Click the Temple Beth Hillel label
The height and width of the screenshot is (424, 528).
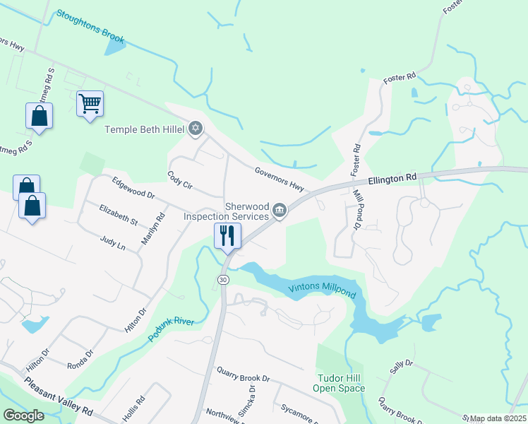[144, 129]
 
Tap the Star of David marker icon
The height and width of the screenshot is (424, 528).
[196, 129]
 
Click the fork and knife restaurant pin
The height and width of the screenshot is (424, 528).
[227, 235]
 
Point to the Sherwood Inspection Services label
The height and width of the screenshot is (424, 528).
[226, 211]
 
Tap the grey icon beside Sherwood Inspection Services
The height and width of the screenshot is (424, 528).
[280, 210]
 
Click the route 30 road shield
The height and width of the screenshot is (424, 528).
[223, 280]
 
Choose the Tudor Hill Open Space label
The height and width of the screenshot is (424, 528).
[341, 383]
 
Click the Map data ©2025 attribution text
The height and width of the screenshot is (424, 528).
[498, 418]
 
